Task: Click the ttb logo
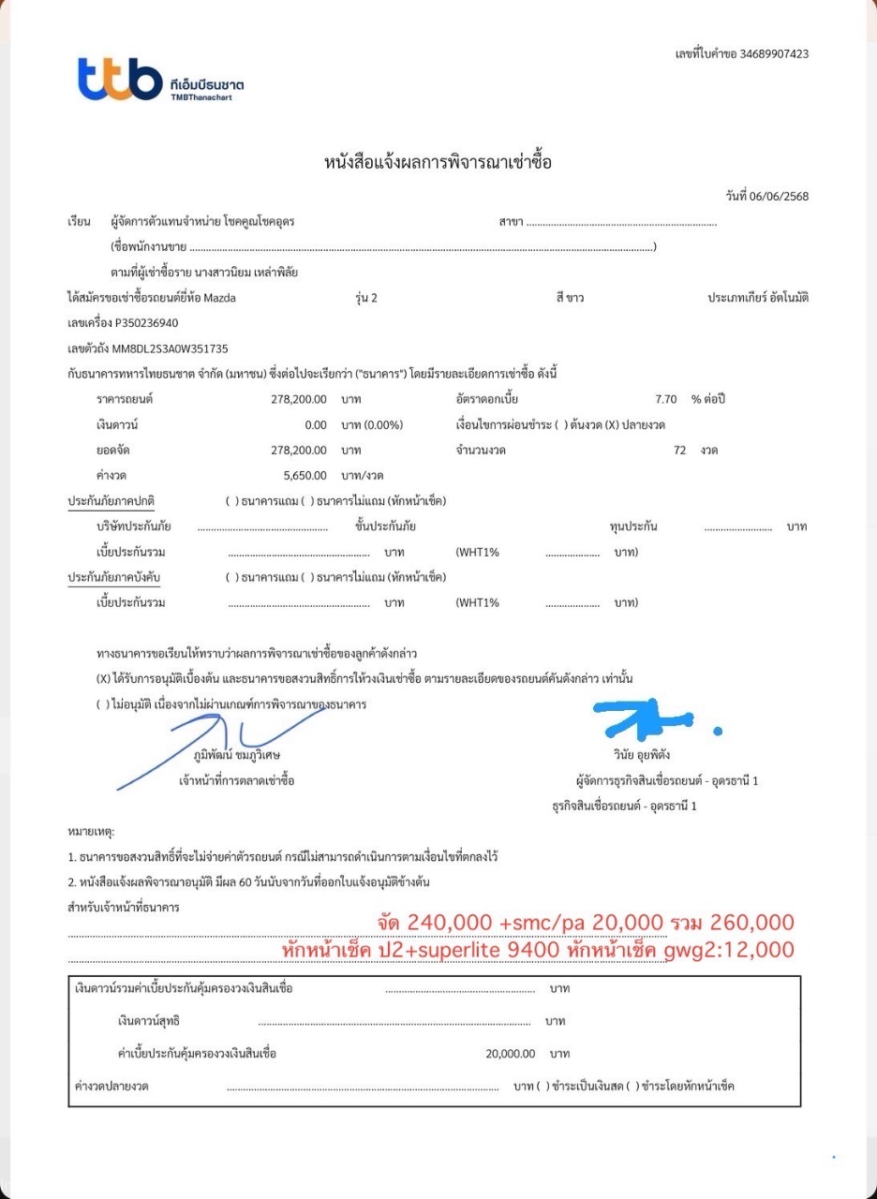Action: tap(119, 79)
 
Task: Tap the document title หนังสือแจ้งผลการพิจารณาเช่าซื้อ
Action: tap(438, 162)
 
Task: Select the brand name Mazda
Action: tap(220, 298)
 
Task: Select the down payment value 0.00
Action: tap(316, 424)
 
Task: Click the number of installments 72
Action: tap(679, 450)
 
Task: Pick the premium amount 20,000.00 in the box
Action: tap(510, 1053)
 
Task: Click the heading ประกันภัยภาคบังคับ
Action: tap(113, 577)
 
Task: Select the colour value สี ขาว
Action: tap(570, 298)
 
